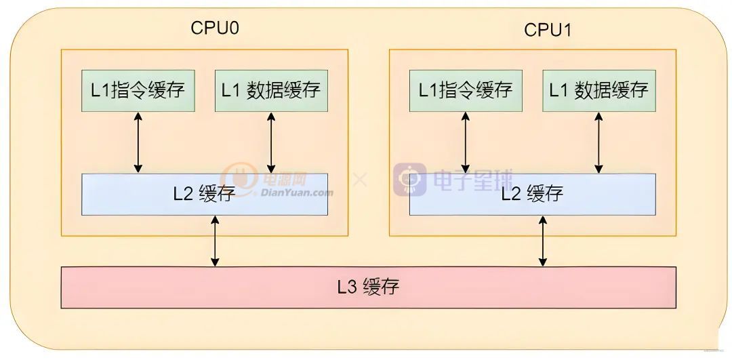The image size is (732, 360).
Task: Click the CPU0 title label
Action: (x=215, y=28)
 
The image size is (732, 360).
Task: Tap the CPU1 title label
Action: (x=548, y=31)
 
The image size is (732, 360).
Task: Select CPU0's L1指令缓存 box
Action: (x=138, y=90)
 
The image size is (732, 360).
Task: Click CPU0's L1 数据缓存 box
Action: (x=271, y=90)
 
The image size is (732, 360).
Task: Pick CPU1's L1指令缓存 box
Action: (x=466, y=90)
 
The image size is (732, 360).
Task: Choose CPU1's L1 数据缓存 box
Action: (x=598, y=90)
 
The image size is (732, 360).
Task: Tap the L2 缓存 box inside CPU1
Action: (x=532, y=195)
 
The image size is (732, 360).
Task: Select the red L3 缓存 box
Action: (x=369, y=287)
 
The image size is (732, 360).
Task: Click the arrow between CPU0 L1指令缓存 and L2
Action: (x=138, y=142)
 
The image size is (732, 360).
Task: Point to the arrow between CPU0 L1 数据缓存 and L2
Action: (x=271, y=142)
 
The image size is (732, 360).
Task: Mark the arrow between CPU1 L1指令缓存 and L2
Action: (x=466, y=142)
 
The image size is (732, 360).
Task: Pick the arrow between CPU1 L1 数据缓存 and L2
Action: (x=598, y=142)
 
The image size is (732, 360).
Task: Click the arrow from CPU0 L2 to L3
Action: (x=216, y=241)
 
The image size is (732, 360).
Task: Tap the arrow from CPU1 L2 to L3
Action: (x=543, y=241)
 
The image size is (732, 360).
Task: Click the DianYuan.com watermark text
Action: (x=297, y=193)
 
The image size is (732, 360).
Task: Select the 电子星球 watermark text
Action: (x=472, y=179)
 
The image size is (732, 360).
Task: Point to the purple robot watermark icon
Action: (x=410, y=179)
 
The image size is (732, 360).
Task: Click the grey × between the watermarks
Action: (x=360, y=180)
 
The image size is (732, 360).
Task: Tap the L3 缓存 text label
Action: (x=369, y=287)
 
